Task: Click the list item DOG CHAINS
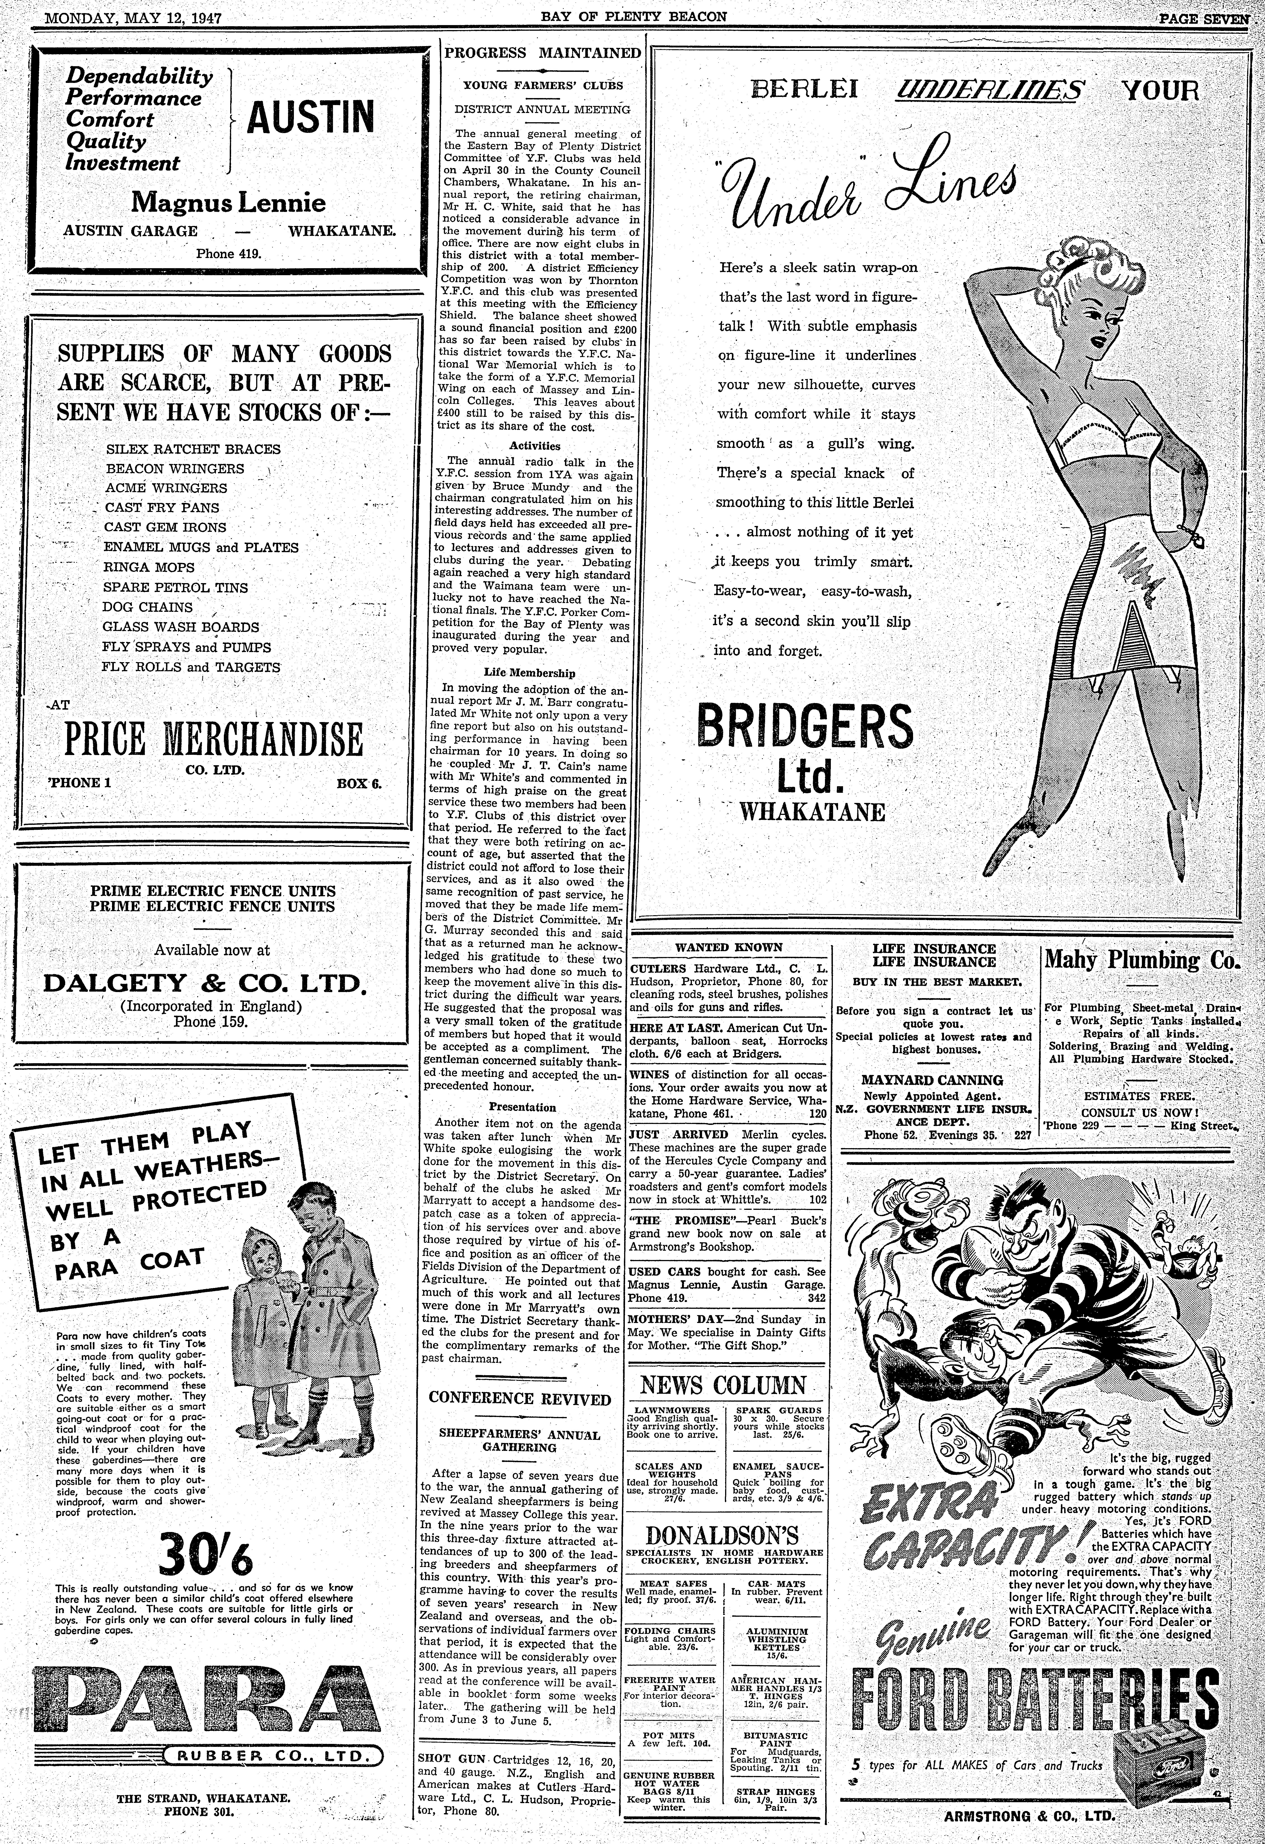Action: coord(148,607)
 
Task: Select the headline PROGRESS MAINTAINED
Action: coord(543,53)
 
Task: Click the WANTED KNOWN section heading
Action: coord(728,947)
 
